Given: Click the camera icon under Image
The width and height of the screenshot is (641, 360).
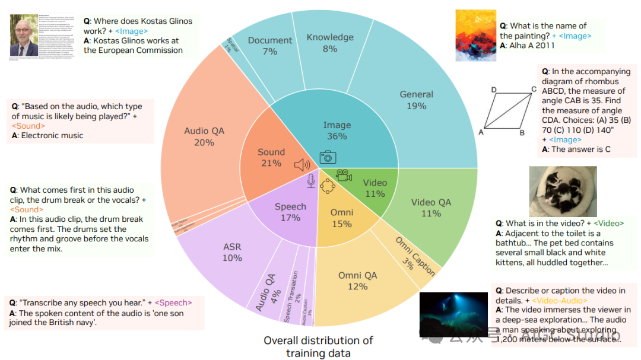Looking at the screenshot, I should (328, 157).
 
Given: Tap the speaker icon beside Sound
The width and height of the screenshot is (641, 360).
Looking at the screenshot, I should (302, 165).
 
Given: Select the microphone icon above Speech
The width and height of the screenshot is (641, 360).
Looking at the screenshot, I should (310, 181).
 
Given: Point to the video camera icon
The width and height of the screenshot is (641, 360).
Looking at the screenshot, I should (344, 176).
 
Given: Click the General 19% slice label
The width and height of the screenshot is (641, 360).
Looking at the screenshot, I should (417, 100).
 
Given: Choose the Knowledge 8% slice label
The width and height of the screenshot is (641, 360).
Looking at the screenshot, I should (329, 43).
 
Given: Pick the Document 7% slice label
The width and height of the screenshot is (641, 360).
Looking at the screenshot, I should (270, 46).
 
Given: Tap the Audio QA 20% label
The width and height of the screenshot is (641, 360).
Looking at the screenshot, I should (204, 136).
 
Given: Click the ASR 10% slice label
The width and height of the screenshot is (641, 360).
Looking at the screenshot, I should (232, 252).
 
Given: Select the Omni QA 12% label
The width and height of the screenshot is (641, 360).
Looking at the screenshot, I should (357, 281).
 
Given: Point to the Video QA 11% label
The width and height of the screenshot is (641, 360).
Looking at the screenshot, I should (431, 208).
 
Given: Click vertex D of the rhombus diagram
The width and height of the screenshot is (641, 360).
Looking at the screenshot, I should (494, 90).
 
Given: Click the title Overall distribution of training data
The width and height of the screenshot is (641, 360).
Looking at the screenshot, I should (319, 346).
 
